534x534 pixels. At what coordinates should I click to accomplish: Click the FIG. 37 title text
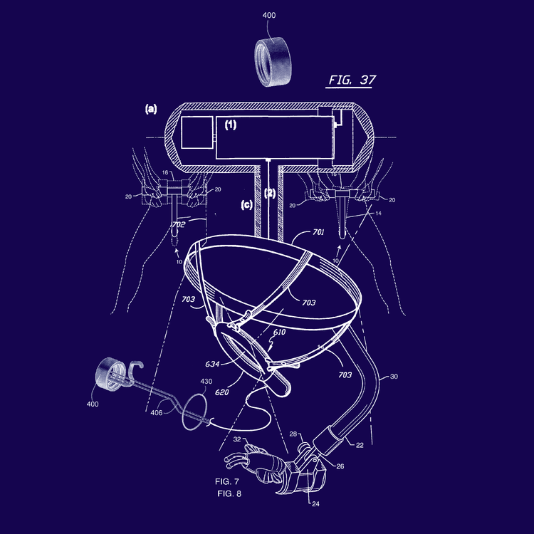(352, 80)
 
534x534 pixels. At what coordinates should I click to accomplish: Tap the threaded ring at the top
(273, 61)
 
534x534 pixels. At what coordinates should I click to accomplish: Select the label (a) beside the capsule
(151, 109)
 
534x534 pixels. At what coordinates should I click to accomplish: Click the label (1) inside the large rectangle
(231, 125)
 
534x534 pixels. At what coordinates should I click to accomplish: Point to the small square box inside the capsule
(197, 132)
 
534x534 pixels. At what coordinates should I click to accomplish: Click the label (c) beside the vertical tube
(246, 204)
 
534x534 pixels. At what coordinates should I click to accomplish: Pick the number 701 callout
(318, 232)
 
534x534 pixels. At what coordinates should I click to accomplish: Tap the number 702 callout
(179, 224)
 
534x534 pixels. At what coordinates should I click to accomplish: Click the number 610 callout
(279, 332)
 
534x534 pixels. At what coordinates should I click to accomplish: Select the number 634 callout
(212, 364)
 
